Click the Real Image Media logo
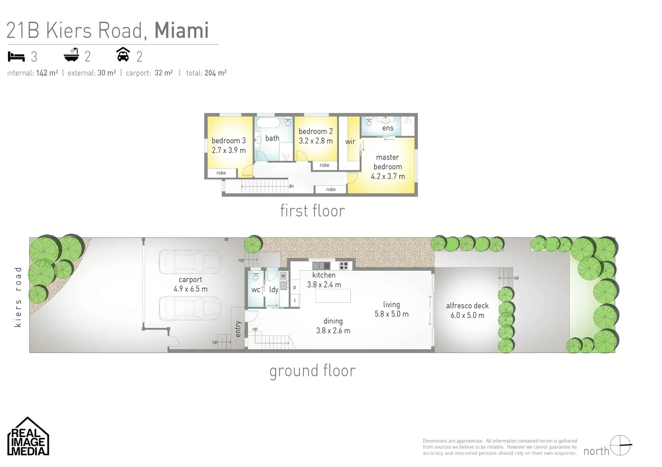coord(28,437)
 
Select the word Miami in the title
coord(181,30)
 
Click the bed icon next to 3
coord(16,57)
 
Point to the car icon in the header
coord(124,55)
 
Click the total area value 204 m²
coord(215,73)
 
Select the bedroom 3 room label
coord(228,141)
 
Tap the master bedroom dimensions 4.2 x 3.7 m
coord(387,176)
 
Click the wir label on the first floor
coord(350,141)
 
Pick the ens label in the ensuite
coord(387,128)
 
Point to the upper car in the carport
coord(189,262)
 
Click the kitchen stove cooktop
coord(344,265)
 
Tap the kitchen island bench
coord(333,296)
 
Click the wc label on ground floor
coord(256,290)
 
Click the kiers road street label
coord(18,297)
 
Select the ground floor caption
coord(312,371)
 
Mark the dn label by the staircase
coord(291,186)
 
